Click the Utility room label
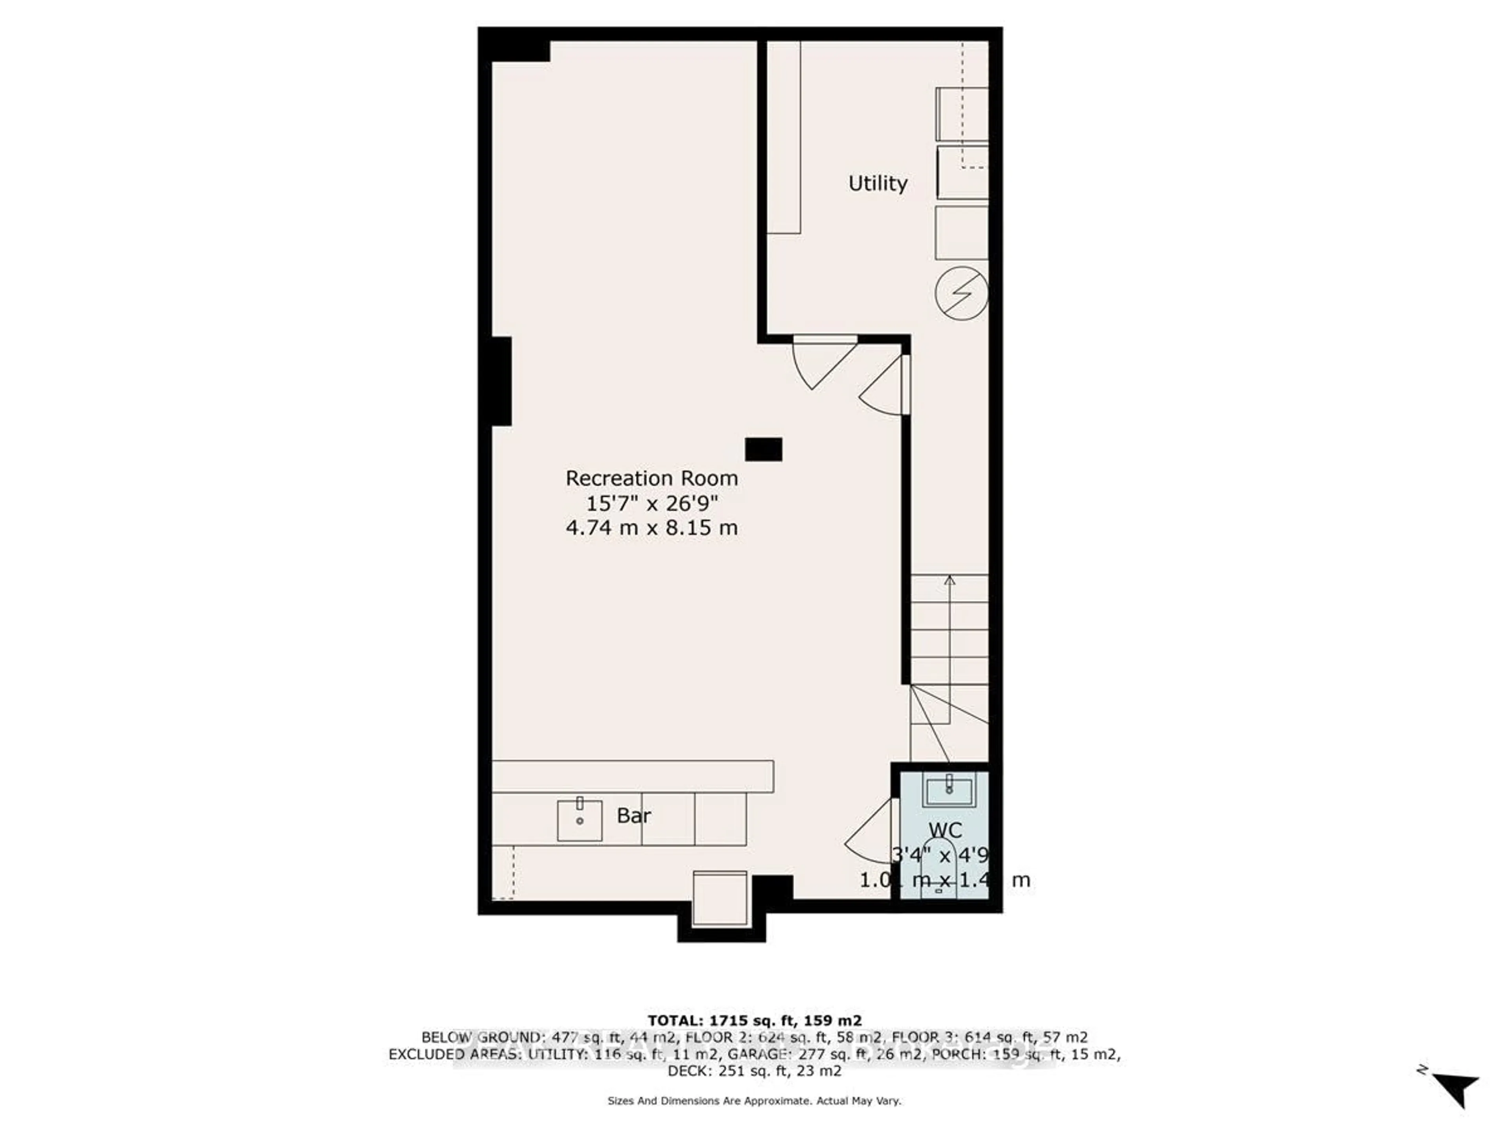click(877, 183)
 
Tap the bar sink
click(580, 820)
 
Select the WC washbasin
click(949, 790)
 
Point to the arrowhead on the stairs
click(949, 581)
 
